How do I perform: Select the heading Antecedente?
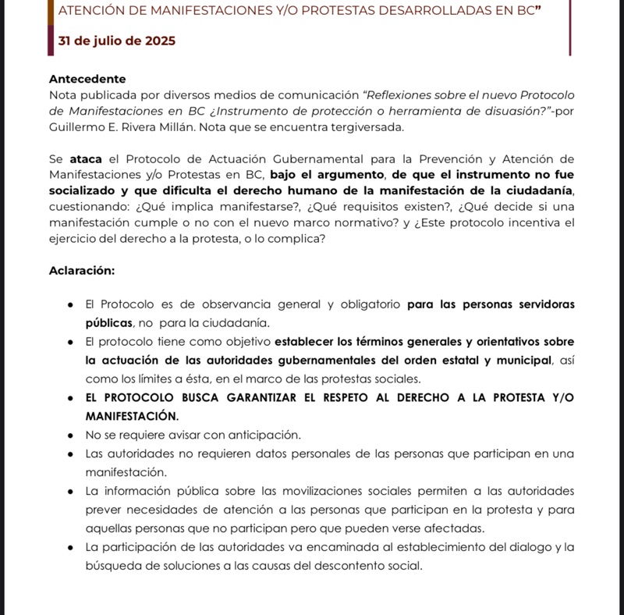coord(87,79)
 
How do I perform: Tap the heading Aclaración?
coord(82,271)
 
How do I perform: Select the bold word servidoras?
coord(543,304)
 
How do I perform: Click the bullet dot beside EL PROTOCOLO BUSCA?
coord(71,397)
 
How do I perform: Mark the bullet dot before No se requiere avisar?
coord(71,435)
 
